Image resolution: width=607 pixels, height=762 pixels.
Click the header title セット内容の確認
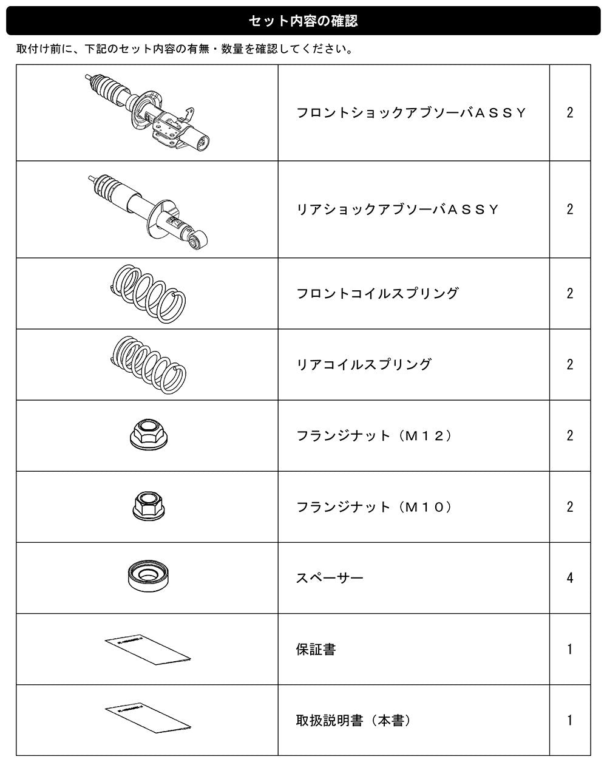tap(303, 21)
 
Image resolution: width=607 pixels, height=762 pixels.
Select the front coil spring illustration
tap(148, 293)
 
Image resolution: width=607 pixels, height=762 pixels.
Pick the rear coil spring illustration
tap(148, 365)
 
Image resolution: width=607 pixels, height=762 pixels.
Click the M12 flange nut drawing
tap(149, 435)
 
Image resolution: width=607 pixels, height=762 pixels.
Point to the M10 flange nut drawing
tap(149, 506)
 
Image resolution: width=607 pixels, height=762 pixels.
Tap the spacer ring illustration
tap(149, 576)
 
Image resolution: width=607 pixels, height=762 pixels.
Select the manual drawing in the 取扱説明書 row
tap(148, 720)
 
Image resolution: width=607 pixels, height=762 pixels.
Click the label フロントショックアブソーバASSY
tap(411, 113)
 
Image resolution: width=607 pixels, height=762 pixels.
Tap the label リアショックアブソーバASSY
tap(397, 209)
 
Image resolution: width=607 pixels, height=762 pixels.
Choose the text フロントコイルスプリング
tap(378, 293)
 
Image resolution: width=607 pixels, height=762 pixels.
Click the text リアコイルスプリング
tap(364, 365)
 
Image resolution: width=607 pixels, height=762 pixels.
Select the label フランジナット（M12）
tap(374, 436)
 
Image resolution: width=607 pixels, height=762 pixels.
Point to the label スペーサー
tap(330, 578)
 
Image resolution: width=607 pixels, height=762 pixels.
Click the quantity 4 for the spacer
tap(570, 578)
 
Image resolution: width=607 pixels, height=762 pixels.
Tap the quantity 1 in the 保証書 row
tap(570, 650)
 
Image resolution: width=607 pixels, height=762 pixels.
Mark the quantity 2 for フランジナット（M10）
tap(570, 507)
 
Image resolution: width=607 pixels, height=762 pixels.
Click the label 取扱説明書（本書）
tap(353, 721)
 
